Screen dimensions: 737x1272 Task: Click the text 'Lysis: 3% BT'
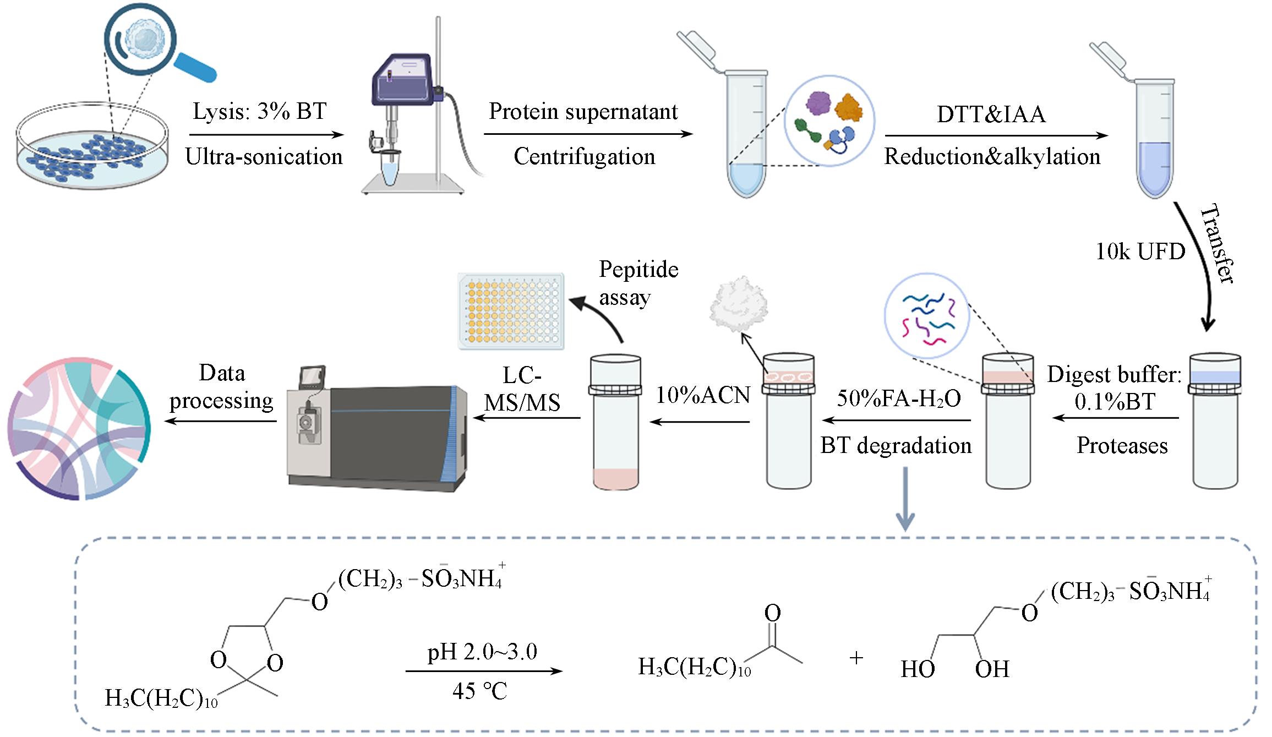(x=260, y=111)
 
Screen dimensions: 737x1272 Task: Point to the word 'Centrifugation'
(x=584, y=157)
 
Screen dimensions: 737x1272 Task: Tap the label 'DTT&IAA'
(x=991, y=114)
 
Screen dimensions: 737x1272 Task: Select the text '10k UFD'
(x=1140, y=252)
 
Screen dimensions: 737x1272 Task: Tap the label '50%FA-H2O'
(x=898, y=398)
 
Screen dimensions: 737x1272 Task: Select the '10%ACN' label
(x=703, y=395)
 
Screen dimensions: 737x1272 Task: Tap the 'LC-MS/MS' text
(x=522, y=389)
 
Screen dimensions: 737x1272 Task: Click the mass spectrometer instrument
(x=380, y=429)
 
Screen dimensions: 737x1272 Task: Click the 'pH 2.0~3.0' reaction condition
(x=482, y=652)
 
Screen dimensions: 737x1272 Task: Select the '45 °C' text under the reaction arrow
(x=479, y=691)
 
